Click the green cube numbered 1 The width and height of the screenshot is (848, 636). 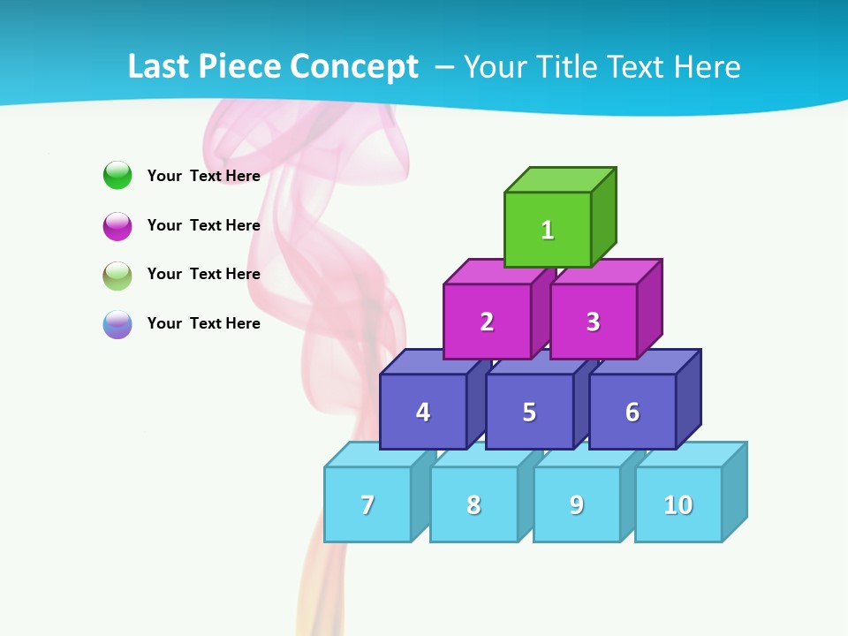[548, 230]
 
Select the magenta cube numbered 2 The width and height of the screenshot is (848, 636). [487, 322]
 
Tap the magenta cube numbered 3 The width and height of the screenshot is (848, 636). [593, 322]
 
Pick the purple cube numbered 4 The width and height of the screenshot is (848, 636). [423, 412]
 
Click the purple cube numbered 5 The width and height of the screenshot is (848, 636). [529, 412]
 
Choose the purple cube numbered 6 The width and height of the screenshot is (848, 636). [632, 412]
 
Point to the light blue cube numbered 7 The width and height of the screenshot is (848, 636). [367, 504]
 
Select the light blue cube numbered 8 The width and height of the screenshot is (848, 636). [473, 504]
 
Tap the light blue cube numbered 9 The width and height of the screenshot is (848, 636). [577, 504]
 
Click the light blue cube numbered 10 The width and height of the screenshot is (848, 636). [678, 504]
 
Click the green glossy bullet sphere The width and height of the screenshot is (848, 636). [117, 175]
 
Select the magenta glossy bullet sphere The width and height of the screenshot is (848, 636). [117, 225]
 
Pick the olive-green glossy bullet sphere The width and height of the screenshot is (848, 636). [117, 275]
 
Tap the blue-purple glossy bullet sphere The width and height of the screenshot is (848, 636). [117, 324]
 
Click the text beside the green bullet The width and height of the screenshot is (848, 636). [204, 176]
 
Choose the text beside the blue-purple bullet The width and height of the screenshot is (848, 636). [204, 323]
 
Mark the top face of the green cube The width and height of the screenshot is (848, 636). [560, 179]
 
